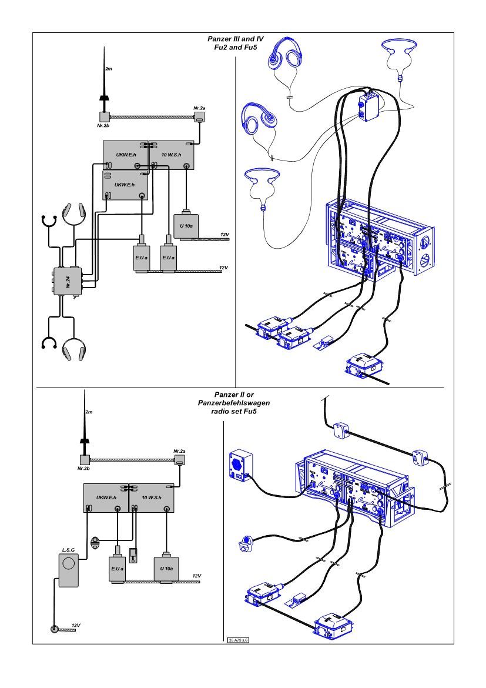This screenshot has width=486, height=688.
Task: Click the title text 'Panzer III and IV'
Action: [x=236, y=39]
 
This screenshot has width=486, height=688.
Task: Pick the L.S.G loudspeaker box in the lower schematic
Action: [x=69, y=569]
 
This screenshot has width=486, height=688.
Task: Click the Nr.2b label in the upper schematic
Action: [x=104, y=126]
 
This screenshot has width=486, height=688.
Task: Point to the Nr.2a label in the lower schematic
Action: [x=179, y=451]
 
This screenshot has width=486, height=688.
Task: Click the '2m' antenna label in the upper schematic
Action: [x=108, y=69]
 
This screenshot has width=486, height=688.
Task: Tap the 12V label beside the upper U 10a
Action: [x=224, y=235]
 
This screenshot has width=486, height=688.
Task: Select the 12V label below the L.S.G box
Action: [x=75, y=625]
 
